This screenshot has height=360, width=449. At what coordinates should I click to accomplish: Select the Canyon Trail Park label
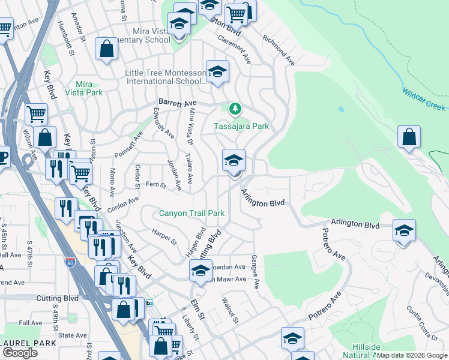click(x=191, y=213)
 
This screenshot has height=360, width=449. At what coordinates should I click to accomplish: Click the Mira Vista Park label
click(x=88, y=88)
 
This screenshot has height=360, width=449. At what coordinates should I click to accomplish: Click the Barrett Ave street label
click(x=178, y=102)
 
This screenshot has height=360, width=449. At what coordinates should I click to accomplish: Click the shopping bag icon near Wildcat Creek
click(x=408, y=137)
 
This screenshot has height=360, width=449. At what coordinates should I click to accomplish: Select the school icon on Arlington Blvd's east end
click(x=404, y=231)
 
